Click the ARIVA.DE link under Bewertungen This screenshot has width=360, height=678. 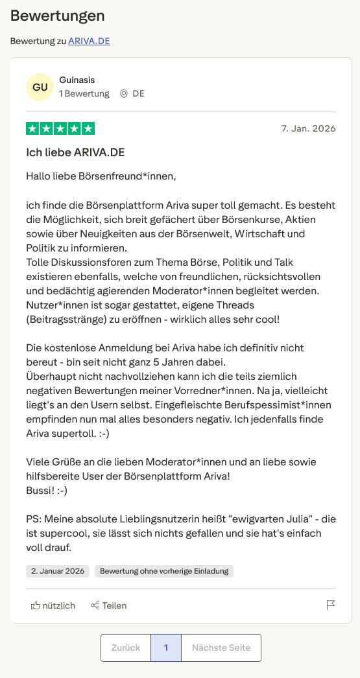click(x=89, y=41)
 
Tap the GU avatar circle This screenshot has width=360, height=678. click(x=40, y=88)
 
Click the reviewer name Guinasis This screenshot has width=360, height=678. click(x=77, y=80)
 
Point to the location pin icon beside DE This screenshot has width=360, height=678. click(x=124, y=93)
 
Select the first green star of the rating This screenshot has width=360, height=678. click(x=32, y=128)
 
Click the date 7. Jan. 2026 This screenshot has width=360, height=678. click(x=309, y=128)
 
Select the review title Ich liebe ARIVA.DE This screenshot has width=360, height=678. click(x=75, y=152)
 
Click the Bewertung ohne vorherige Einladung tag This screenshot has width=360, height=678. click(x=164, y=571)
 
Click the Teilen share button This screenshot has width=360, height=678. click(x=108, y=605)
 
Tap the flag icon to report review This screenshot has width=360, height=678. click(x=331, y=605)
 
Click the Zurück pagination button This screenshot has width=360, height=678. click(x=126, y=648)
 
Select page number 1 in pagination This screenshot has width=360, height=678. click(x=166, y=648)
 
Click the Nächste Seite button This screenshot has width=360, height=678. click(x=221, y=648)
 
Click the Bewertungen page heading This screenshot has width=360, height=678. click(x=57, y=16)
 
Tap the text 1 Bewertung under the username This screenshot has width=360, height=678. click(x=84, y=93)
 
